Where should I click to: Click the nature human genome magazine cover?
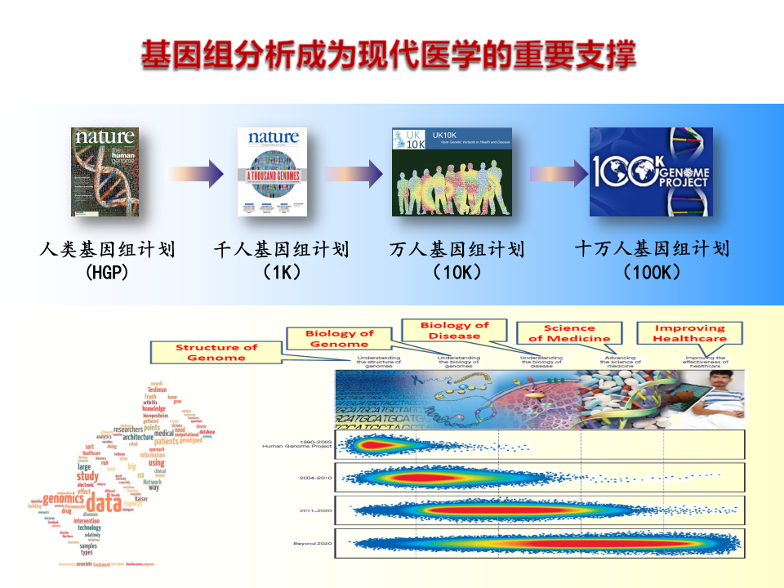[104, 171]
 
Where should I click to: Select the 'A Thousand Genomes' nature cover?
[272, 171]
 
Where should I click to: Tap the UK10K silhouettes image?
[452, 171]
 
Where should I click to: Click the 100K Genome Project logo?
[651, 171]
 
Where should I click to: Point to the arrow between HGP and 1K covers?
[194, 173]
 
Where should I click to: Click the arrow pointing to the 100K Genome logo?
[559, 173]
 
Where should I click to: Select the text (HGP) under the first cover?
[107, 272]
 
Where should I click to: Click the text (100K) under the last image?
[651, 272]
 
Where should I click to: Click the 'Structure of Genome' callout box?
[216, 353]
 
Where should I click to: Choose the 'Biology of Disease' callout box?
[454, 331]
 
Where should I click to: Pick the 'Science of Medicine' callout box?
[569, 333]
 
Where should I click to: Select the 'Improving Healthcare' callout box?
[689, 333]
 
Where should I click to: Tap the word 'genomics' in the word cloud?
[64, 499]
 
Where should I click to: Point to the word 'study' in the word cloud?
[87, 476]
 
